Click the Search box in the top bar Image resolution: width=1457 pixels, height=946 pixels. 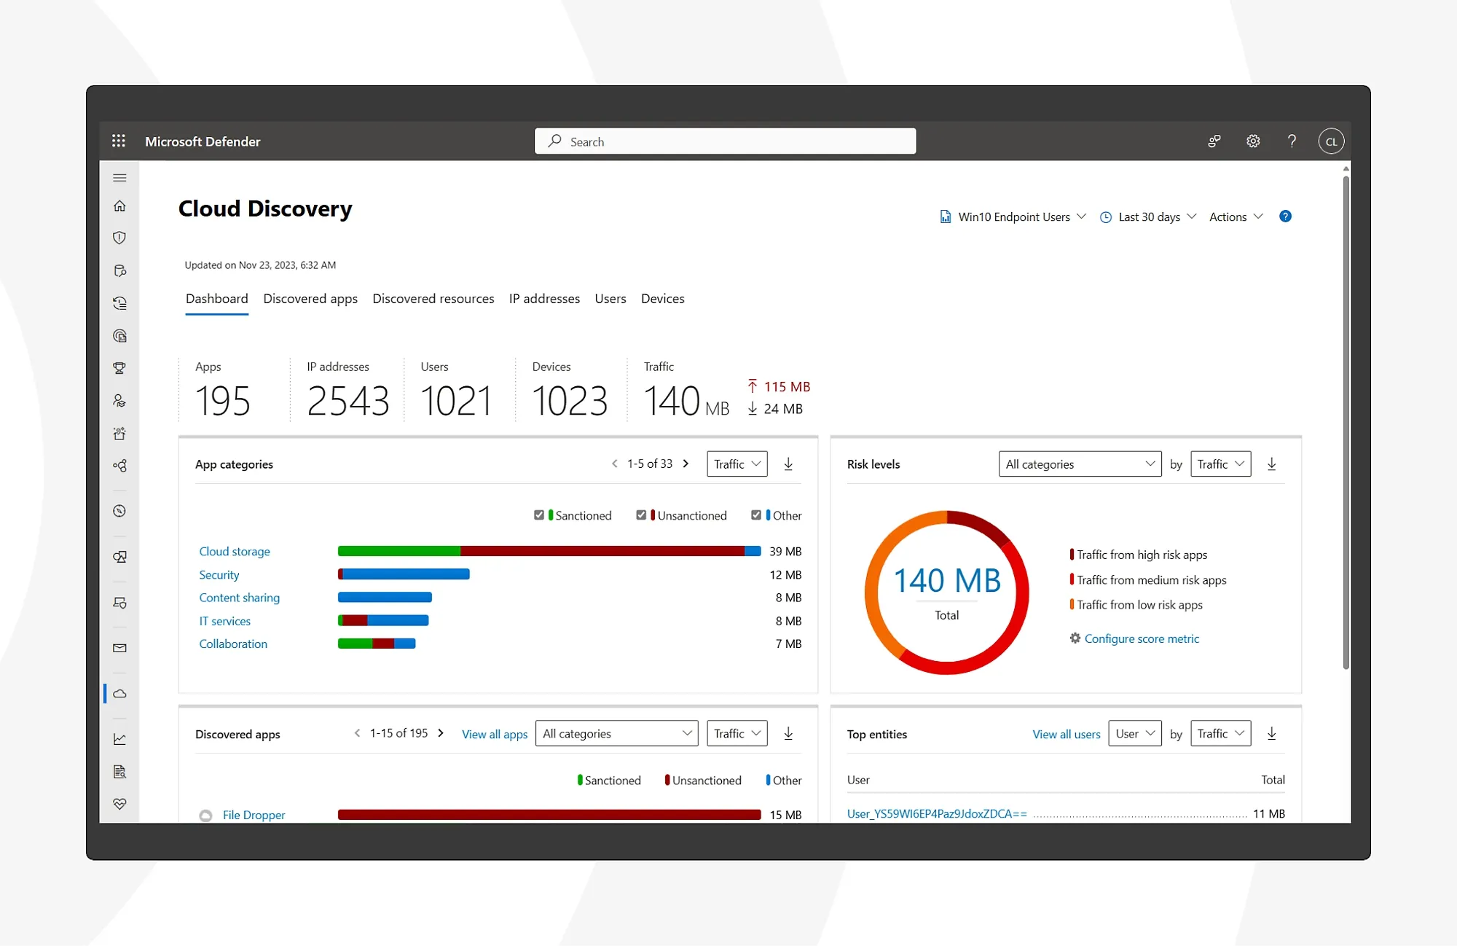(725, 141)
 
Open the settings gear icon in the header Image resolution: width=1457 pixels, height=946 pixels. (1253, 141)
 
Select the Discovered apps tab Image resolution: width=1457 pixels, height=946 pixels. (310, 299)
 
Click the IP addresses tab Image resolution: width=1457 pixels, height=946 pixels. (544, 299)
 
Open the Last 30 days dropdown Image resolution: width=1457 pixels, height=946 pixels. (1148, 217)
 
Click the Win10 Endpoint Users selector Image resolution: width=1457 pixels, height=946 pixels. (1013, 217)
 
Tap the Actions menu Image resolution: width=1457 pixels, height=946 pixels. (1236, 217)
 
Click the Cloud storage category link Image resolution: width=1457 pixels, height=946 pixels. (235, 552)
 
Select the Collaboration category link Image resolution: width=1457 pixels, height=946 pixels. (233, 644)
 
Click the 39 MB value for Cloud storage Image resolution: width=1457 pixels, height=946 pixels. (785, 552)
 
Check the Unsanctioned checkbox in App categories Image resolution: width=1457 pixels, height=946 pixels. (641, 515)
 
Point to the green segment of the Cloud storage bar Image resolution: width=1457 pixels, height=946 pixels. (398, 551)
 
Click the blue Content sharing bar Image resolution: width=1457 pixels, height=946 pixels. (385, 598)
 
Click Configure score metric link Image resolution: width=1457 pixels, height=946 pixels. (1141, 638)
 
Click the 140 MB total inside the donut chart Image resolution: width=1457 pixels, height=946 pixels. (947, 581)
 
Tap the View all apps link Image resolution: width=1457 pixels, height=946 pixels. (495, 735)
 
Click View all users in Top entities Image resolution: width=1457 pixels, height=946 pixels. (1066, 735)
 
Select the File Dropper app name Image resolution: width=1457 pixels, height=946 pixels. (254, 815)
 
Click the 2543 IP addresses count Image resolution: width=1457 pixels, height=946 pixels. (347, 401)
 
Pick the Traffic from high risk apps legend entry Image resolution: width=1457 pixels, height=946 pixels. (1142, 555)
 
